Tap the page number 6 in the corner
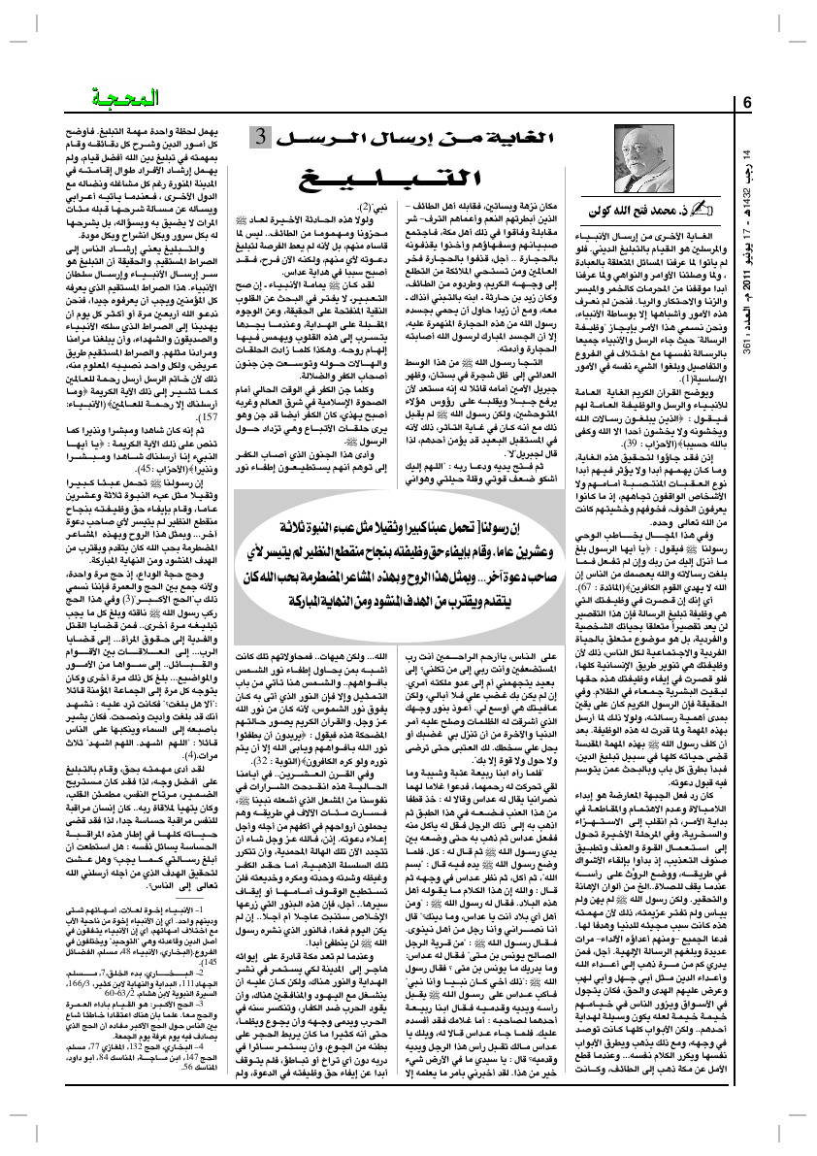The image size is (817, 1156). click(748, 103)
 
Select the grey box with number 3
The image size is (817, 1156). click(264, 138)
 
